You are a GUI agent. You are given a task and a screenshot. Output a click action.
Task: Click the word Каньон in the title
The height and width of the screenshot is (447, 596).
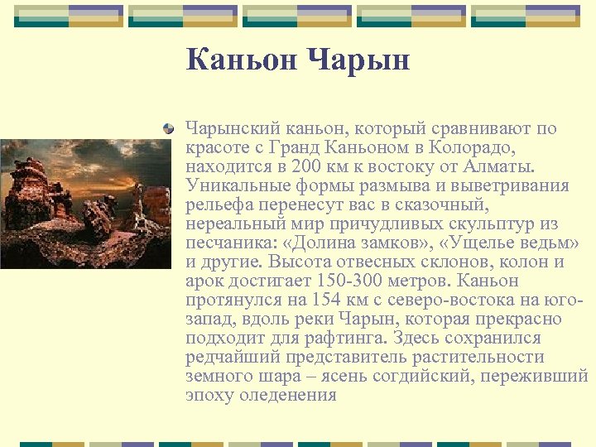[x=240, y=60]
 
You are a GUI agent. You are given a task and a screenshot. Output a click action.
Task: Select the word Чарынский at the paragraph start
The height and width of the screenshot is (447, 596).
[x=233, y=128]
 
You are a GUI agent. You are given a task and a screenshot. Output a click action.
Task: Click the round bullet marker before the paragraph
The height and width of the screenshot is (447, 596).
[x=169, y=129]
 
